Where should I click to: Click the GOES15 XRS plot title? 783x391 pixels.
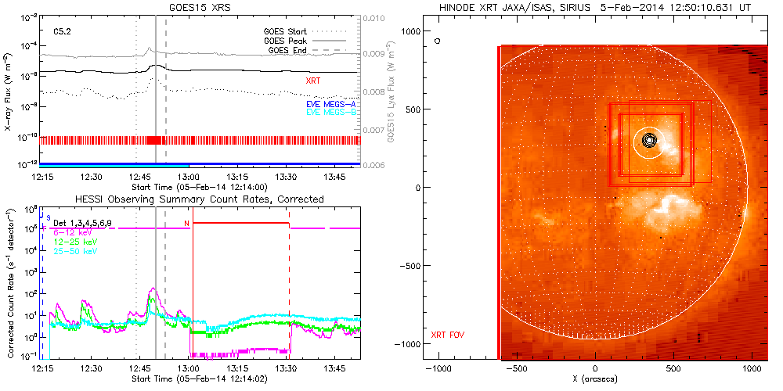click(x=201, y=7)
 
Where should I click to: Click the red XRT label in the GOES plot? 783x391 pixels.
click(x=312, y=81)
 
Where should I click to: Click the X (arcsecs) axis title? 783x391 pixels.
click(x=595, y=378)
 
